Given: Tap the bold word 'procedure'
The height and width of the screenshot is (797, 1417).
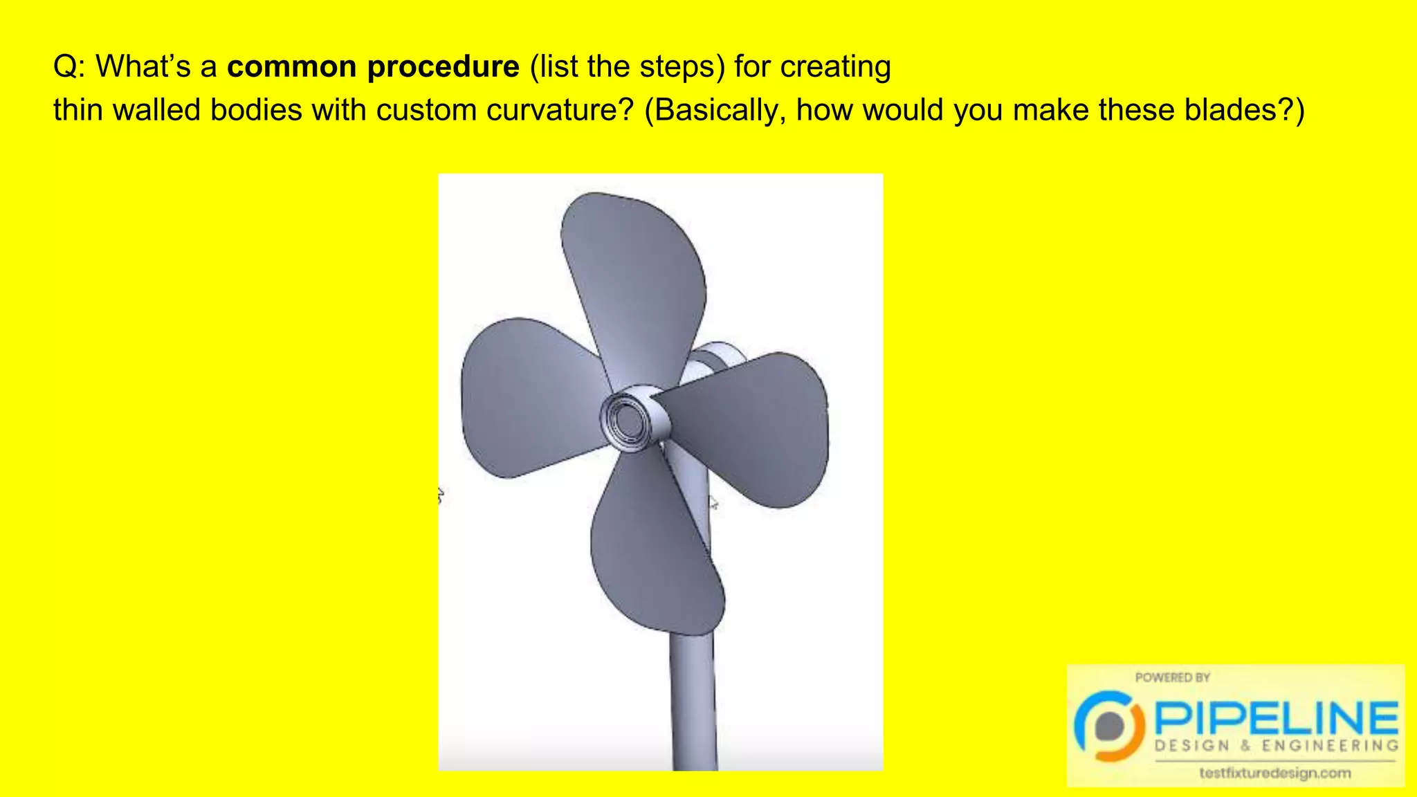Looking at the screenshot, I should [443, 67].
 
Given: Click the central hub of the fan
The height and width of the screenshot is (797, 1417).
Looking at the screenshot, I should [627, 419].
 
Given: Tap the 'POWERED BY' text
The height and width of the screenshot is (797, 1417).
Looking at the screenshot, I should [1172, 677].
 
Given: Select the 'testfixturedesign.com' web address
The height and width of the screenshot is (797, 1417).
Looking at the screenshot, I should [1274, 773].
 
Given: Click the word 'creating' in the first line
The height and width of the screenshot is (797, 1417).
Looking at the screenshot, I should [835, 67].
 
